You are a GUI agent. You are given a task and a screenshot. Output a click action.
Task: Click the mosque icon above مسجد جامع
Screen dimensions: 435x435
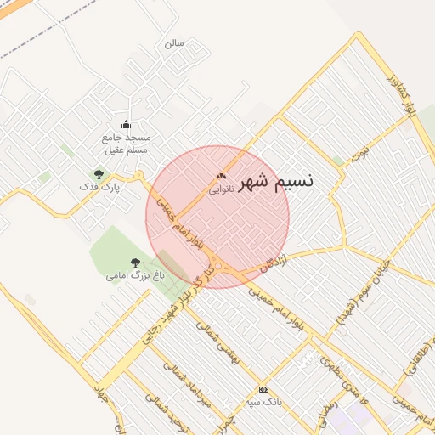tap(127, 125)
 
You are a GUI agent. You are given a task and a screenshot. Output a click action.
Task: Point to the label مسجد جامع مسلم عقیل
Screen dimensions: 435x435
tap(126, 144)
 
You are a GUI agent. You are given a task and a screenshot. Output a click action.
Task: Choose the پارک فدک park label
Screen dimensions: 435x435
tap(99, 186)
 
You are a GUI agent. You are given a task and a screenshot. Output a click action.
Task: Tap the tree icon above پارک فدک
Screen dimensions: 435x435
tap(99, 173)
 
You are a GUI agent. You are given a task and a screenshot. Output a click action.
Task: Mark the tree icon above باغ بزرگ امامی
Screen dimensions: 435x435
tap(135, 263)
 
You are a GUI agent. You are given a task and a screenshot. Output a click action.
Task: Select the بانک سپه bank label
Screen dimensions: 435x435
tap(263, 400)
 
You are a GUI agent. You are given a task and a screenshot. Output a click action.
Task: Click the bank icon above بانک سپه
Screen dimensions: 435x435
tap(263, 388)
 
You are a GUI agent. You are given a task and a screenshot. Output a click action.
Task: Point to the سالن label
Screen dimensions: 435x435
tap(174, 42)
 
